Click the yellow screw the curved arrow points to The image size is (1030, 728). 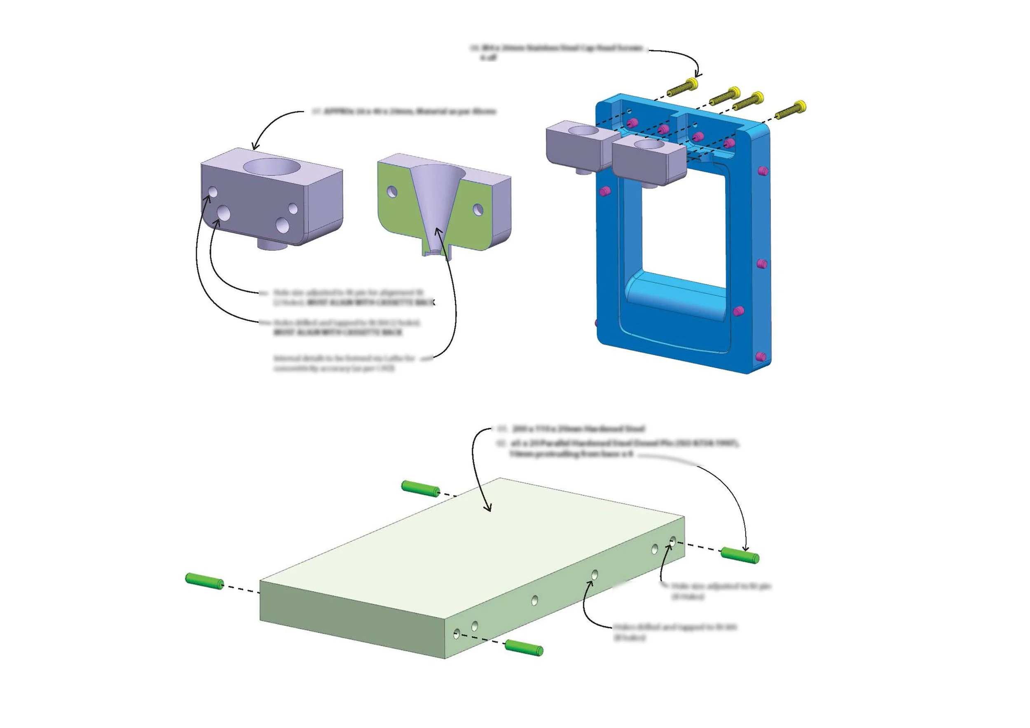tap(683, 88)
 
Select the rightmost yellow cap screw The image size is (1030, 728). tap(791, 110)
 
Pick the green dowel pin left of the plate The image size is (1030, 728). tap(204, 581)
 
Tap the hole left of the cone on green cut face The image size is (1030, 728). tap(392, 192)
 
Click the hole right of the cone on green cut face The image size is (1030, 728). tap(478, 209)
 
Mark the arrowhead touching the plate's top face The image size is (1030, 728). tap(489, 508)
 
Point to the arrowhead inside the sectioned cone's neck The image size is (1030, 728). tap(438, 232)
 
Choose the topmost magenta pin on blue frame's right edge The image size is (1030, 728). tap(762, 171)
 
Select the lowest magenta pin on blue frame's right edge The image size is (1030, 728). tap(761, 357)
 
